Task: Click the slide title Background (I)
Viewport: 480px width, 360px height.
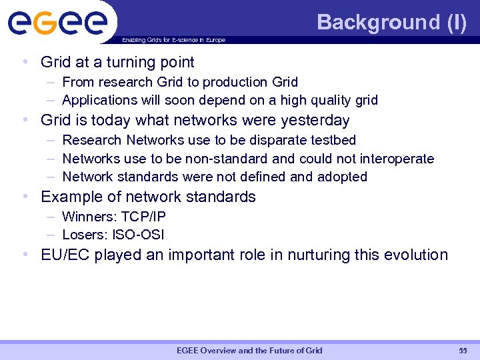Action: click(x=391, y=22)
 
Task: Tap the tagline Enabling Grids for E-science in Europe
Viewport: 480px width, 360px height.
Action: click(x=173, y=40)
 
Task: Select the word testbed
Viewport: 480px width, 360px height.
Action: click(x=333, y=140)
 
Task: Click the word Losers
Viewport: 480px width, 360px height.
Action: click(x=81, y=235)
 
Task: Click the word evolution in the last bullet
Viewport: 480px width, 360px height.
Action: click(x=414, y=255)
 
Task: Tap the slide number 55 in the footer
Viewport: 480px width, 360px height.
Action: click(x=463, y=351)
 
